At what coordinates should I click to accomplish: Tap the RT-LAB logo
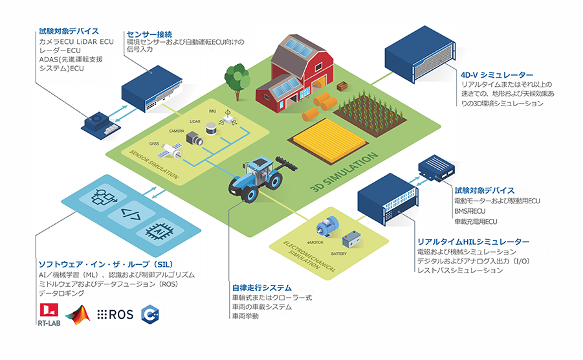pos(49,314)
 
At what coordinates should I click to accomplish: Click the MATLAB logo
pos(80,314)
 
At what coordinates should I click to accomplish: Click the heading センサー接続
pos(149,34)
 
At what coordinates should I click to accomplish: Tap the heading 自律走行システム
pos(261,287)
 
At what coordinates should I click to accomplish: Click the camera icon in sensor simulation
pos(193,138)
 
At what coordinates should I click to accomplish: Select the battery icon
pos(353,240)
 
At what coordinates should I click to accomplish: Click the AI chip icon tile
pos(158,230)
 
